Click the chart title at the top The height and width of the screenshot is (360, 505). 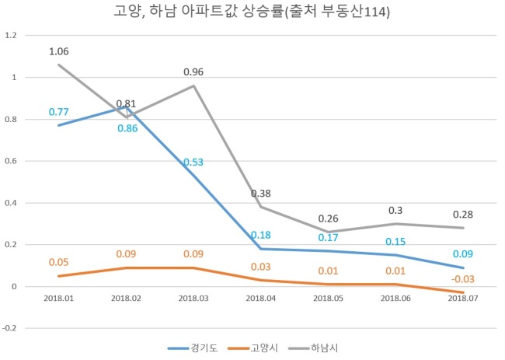252,12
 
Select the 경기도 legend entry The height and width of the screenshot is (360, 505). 193,348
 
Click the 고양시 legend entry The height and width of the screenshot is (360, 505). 252,348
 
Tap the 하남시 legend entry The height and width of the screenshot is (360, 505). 313,348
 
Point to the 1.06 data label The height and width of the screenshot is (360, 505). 58,51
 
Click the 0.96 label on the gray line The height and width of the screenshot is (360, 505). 193,72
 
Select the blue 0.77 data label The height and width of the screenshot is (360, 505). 58,112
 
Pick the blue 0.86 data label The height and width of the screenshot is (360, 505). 127,128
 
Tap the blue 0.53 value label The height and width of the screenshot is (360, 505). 193,162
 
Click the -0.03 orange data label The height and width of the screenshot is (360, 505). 463,279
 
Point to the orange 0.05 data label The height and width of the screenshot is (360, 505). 58,262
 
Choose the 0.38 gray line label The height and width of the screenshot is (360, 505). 261,194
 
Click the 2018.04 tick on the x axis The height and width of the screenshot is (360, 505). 261,299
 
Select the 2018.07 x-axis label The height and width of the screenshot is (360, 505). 463,299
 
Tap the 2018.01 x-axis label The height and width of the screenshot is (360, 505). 58,299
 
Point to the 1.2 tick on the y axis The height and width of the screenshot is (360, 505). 11,35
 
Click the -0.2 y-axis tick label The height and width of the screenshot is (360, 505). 9,328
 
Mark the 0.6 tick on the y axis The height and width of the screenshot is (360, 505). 11,161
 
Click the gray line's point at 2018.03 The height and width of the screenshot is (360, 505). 193,86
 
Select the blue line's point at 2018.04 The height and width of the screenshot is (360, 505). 261,249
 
